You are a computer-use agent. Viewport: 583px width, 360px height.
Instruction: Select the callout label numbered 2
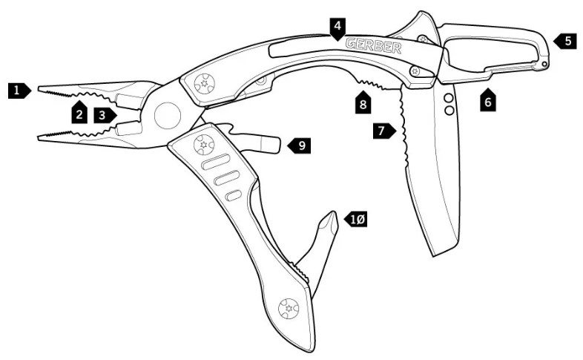79,112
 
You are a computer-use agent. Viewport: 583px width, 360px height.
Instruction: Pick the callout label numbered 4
337,29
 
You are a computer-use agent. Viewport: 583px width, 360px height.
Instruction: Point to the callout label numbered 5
564,41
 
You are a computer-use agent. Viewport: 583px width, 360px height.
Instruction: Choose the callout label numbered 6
488,99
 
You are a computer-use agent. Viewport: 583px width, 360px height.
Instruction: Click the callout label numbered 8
363,102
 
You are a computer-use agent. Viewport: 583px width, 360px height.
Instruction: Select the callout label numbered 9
299,145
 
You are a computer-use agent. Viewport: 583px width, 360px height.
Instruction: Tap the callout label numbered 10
355,220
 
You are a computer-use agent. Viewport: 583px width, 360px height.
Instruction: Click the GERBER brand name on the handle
374,45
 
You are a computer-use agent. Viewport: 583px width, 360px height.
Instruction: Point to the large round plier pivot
168,116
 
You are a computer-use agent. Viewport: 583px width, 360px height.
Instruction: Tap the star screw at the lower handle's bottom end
289,308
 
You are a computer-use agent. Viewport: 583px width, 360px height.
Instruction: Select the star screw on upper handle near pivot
204,84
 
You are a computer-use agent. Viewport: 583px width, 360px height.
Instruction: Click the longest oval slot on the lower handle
215,163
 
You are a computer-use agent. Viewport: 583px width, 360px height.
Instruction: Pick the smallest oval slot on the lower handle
234,195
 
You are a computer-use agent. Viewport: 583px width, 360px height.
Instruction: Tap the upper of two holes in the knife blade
449,99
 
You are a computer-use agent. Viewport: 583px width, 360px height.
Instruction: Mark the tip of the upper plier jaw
39,88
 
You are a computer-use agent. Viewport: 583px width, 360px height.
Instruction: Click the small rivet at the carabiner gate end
544,65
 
